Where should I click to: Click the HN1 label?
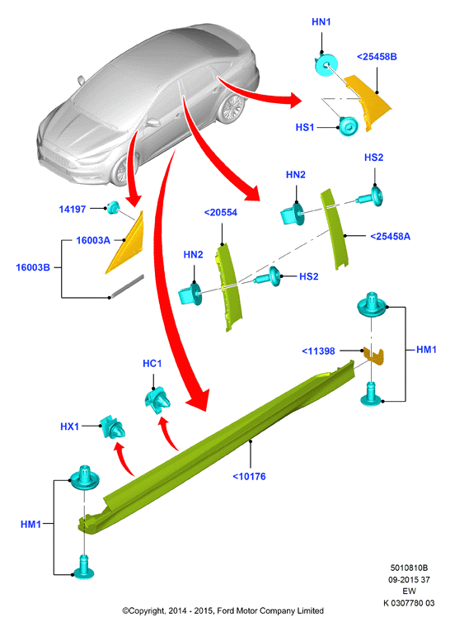pyautogui.click(x=321, y=22)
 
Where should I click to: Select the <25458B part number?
pyautogui.click(x=377, y=57)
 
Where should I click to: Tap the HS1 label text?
pyautogui.click(x=305, y=128)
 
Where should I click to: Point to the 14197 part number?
pyautogui.click(x=73, y=209)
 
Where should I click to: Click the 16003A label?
pyautogui.click(x=93, y=240)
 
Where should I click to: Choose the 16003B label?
pyautogui.click(x=33, y=267)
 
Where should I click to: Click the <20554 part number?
pyautogui.click(x=221, y=213)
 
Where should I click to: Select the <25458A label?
pyautogui.click(x=390, y=237)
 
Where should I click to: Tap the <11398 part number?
pyautogui.click(x=318, y=351)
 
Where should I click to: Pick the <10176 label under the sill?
pyautogui.click(x=249, y=477)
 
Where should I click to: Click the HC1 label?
pyautogui.click(x=152, y=364)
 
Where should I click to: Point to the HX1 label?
pyautogui.click(x=69, y=427)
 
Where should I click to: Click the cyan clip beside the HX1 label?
pyautogui.click(x=112, y=427)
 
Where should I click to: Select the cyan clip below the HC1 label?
pyautogui.click(x=157, y=398)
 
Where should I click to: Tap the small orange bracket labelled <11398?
pyautogui.click(x=373, y=356)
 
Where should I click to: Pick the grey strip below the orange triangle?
pyautogui.click(x=127, y=286)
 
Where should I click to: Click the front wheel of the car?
pyautogui.click(x=124, y=170)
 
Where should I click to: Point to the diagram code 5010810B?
pyautogui.click(x=409, y=568)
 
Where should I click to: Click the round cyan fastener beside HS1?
pyautogui.click(x=349, y=126)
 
